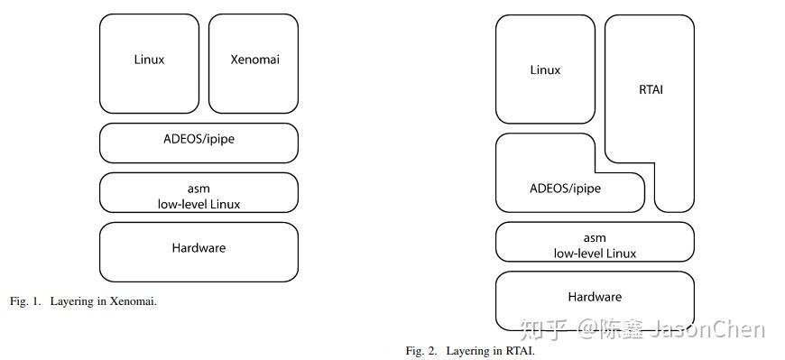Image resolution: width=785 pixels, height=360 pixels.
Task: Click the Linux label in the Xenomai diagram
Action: [x=149, y=60]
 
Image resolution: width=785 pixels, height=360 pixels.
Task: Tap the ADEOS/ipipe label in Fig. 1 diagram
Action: [x=199, y=138]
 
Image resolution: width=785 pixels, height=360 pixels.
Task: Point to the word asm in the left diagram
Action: [x=199, y=189]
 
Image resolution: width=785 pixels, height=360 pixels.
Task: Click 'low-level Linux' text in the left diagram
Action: [x=199, y=204]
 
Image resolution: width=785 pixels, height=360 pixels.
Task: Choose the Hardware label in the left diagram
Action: [x=199, y=247]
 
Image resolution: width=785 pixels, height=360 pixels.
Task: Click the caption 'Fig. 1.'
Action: [x=25, y=301]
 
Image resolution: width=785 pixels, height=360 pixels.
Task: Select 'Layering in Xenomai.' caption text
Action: [x=104, y=301]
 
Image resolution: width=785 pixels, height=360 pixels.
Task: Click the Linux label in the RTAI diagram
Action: [x=545, y=70]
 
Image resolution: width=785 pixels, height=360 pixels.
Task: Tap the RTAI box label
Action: [x=650, y=90]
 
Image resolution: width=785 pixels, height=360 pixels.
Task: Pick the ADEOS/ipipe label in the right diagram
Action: [x=565, y=189]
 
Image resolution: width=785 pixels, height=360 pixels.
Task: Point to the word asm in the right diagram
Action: [x=595, y=238]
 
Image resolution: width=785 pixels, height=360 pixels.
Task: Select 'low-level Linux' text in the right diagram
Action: [x=595, y=254]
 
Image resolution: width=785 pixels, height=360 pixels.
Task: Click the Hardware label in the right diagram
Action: [x=595, y=297]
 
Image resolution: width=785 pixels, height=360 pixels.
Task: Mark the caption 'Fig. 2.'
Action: [x=421, y=350]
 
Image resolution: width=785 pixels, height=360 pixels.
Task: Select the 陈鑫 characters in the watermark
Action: [x=625, y=331]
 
